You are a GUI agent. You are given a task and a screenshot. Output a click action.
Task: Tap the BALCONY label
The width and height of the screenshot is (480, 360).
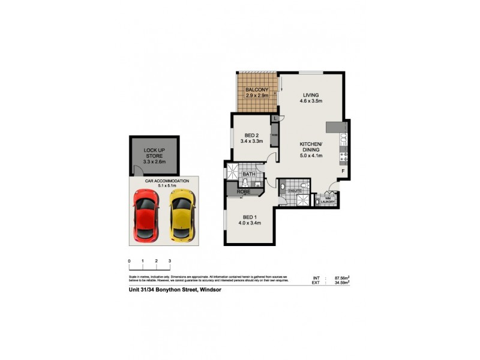click(x=257, y=91)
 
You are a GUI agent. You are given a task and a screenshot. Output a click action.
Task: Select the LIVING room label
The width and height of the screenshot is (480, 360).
click(x=310, y=95)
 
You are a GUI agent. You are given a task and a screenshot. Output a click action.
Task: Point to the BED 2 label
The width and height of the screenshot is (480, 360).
click(x=252, y=135)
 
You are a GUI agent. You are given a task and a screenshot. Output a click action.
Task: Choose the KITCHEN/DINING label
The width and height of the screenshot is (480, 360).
click(x=311, y=145)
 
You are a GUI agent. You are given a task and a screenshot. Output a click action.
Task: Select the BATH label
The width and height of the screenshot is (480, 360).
click(x=249, y=174)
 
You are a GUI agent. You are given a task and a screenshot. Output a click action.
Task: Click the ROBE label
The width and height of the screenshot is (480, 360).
click(x=242, y=192)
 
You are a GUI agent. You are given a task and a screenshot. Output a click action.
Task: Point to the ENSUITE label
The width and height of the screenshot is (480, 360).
click(x=295, y=191)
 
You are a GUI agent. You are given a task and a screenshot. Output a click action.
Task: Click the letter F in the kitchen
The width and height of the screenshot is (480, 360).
click(x=342, y=171)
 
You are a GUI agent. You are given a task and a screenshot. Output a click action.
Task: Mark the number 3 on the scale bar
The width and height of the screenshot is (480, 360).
click(x=170, y=261)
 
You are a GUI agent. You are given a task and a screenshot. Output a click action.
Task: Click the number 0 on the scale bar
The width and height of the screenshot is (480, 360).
click(x=130, y=261)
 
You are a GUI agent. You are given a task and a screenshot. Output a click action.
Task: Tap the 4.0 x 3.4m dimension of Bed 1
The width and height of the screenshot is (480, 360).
click(x=250, y=224)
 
